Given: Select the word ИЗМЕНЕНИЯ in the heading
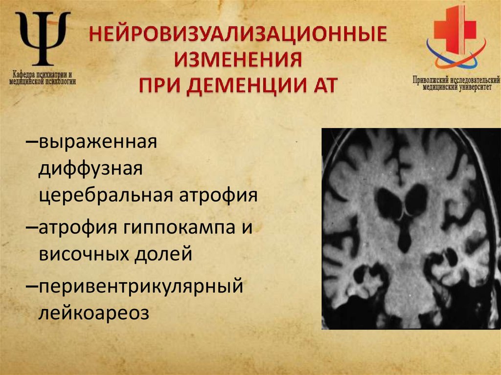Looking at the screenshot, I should (x=238, y=62).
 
